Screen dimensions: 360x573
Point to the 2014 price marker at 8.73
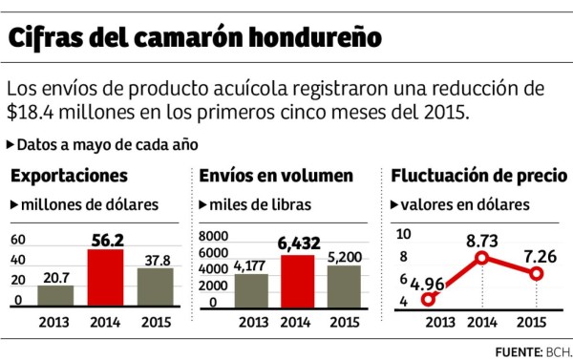482,258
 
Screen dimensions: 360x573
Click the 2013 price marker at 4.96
429,298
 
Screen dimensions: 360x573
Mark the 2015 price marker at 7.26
537,273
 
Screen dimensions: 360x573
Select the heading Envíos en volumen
276,177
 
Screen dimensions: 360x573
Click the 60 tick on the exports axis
19,239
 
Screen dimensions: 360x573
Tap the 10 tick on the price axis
403,234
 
